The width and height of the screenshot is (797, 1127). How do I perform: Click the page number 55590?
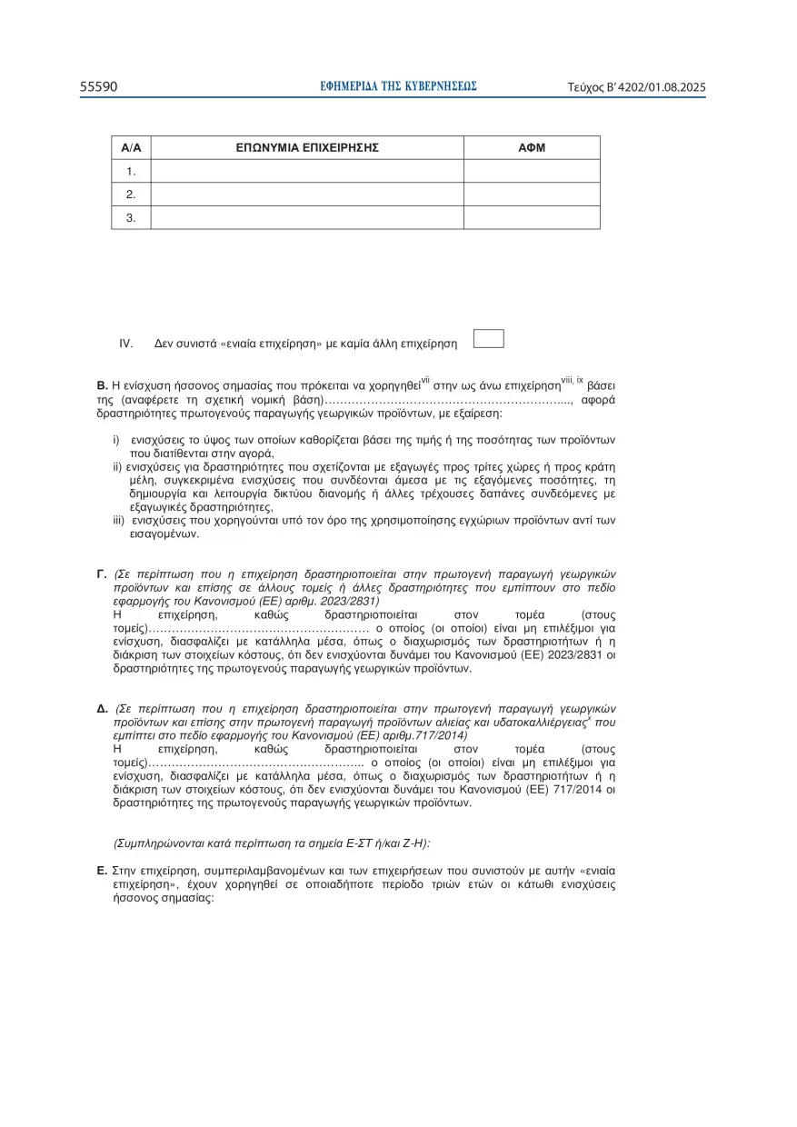click(98, 87)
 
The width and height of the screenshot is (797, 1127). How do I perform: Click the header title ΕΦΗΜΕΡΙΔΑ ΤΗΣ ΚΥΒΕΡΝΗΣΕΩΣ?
click(399, 86)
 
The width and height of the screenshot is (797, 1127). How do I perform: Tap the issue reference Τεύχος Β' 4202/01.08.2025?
click(636, 88)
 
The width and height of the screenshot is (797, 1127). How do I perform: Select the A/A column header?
click(131, 147)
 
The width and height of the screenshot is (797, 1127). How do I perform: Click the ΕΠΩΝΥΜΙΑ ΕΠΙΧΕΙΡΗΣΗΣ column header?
click(307, 147)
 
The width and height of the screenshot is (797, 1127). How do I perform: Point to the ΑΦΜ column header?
click(532, 147)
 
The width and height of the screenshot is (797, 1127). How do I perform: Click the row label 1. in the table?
click(131, 171)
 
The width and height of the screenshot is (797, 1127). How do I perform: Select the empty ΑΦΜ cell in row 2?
click(532, 194)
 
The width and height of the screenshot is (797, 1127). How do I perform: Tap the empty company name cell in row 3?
click(307, 217)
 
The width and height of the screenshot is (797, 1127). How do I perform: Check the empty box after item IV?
click(489, 339)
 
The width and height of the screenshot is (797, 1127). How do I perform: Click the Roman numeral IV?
click(126, 344)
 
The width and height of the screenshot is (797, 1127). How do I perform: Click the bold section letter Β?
click(102, 387)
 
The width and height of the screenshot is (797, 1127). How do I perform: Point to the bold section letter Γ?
click(102, 575)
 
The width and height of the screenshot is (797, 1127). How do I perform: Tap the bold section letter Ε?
click(102, 871)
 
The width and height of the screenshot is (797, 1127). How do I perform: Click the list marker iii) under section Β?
click(118, 521)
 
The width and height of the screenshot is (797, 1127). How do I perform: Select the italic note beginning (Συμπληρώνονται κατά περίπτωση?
click(264, 843)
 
